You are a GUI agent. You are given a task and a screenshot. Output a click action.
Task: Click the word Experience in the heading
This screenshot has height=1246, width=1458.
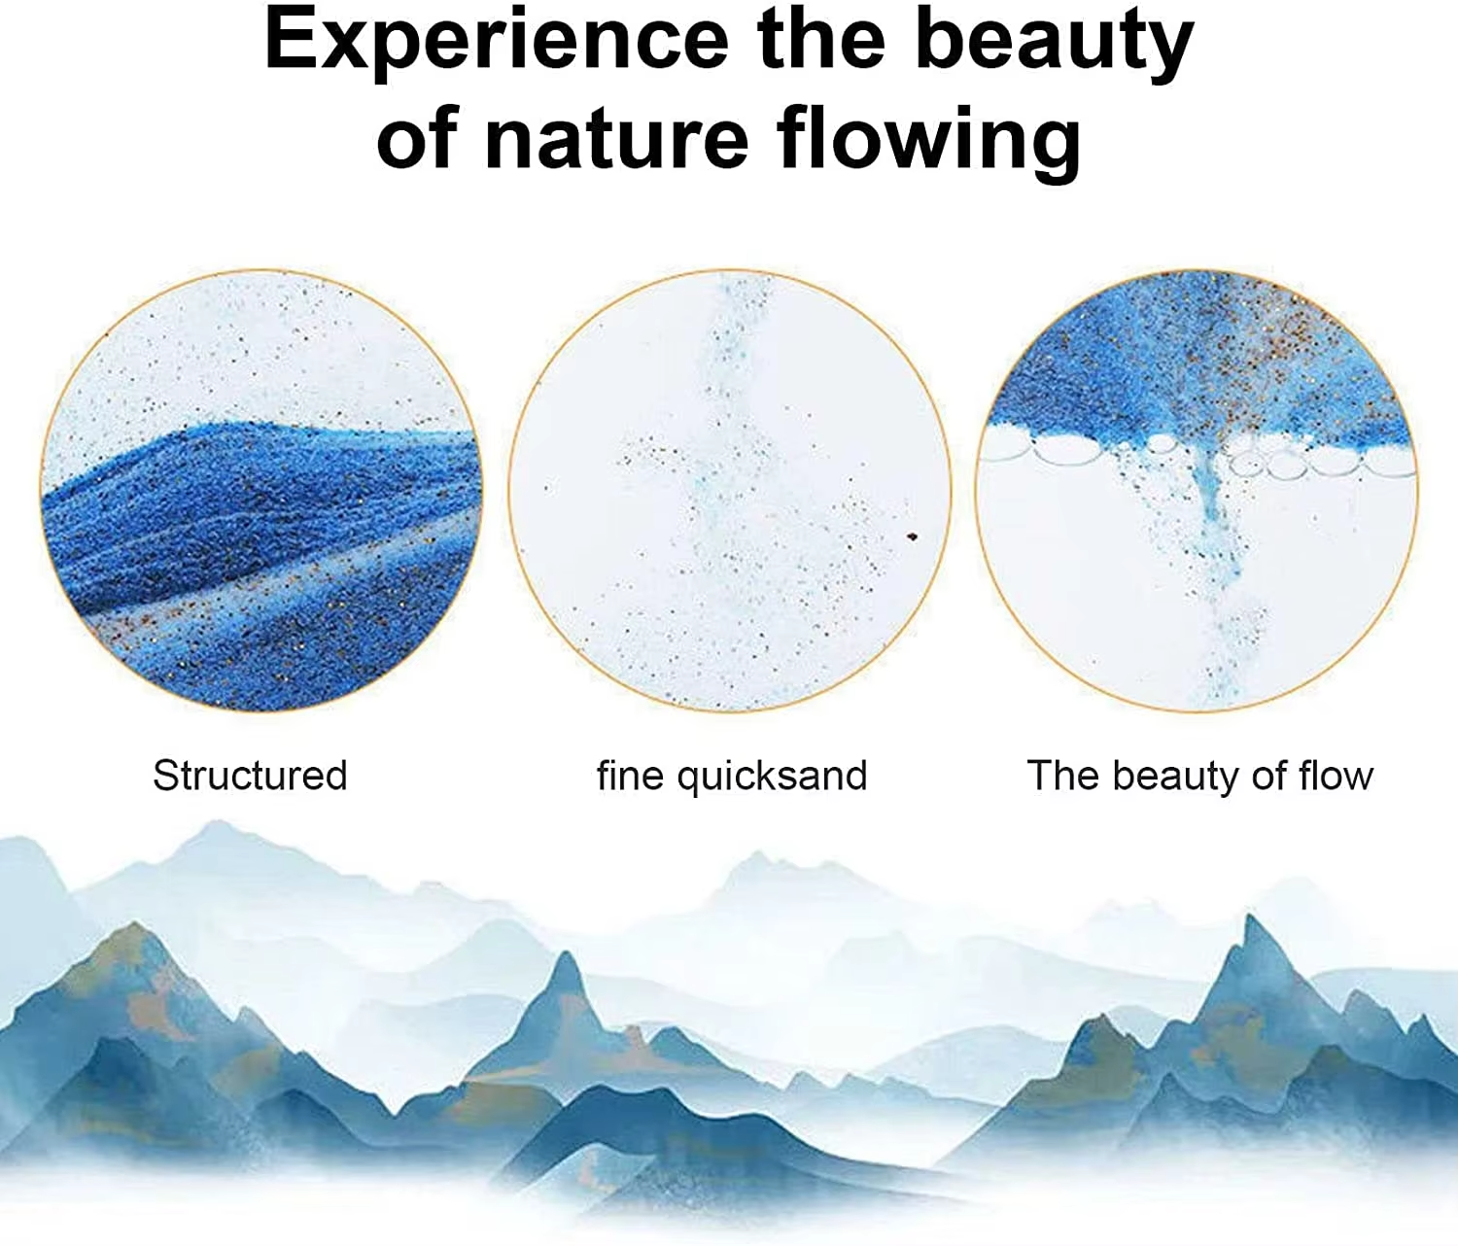(496, 41)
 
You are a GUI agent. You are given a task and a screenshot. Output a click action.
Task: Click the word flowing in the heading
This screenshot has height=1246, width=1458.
(929, 141)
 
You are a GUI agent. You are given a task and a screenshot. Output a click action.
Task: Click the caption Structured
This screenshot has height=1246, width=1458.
(250, 776)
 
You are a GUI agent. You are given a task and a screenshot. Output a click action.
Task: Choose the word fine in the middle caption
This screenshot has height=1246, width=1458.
(631, 776)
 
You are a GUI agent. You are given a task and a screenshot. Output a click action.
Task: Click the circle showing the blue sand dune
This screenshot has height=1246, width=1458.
(261, 491)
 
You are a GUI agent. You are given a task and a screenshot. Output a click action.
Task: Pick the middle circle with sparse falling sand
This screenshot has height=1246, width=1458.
(729, 491)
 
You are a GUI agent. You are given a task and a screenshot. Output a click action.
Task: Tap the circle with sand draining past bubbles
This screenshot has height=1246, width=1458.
(1197, 491)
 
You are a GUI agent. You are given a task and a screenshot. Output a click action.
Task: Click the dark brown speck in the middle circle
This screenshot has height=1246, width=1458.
(913, 536)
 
